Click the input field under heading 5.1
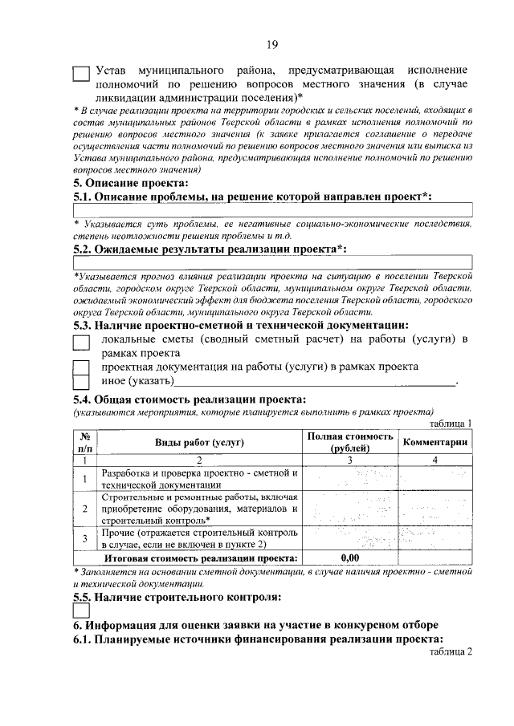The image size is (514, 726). coord(272,210)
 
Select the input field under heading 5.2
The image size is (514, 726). coord(272,262)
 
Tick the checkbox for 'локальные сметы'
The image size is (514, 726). coord(81,343)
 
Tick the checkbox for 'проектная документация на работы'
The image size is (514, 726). coord(81,367)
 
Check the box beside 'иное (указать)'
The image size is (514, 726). coord(81,381)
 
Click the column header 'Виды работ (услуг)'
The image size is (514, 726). coord(199,443)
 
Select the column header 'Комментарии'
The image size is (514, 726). coord(435,443)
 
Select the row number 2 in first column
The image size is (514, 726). coord(84,509)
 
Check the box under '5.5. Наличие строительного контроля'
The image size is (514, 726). coord(81,611)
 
